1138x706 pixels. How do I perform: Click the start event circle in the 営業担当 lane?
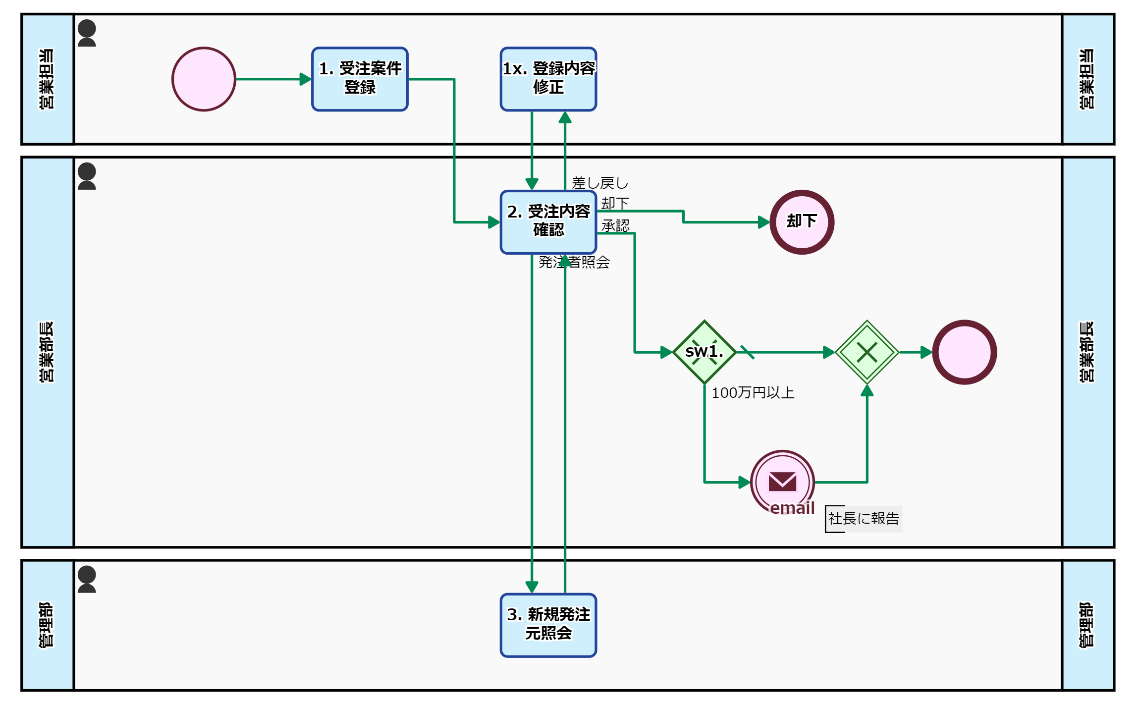point(204,79)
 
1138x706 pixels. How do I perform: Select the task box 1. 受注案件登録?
point(360,79)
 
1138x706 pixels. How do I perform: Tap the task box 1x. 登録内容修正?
point(548,79)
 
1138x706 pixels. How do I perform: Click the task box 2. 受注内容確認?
point(548,222)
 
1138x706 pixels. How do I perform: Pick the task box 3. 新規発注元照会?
point(548,625)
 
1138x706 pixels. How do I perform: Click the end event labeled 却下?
point(802,222)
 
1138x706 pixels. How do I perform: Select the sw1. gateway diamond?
point(704,352)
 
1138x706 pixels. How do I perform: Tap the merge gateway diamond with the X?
point(867,352)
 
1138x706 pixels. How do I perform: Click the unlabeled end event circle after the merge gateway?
point(964,352)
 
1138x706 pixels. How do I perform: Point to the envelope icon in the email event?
point(782,481)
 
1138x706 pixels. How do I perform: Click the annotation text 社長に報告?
point(864,519)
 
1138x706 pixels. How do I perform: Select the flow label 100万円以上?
point(753,393)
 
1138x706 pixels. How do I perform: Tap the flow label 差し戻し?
point(599,183)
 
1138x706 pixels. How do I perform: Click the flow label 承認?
point(615,226)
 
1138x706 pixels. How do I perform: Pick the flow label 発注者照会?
point(574,262)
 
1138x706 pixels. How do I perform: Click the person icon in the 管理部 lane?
point(87,579)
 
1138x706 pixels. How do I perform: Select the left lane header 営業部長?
point(47,352)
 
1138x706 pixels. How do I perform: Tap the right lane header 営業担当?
point(1087,79)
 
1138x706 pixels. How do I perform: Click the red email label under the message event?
point(792,508)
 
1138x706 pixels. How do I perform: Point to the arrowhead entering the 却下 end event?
point(763,222)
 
